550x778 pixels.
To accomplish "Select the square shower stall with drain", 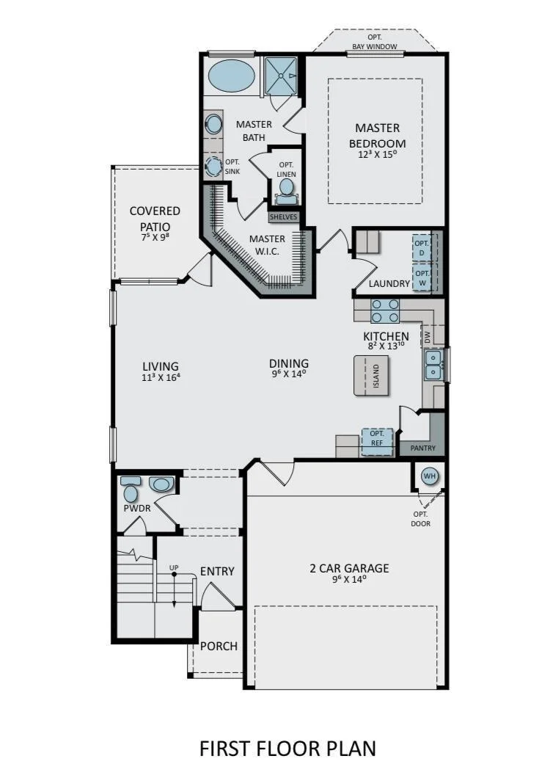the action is coord(281,76).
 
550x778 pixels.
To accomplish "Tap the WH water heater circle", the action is coord(430,476).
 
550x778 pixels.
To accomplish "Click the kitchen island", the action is coord(372,375).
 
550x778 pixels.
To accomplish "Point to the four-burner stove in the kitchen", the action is coord(385,310).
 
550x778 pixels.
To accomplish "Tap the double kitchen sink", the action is coord(434,364).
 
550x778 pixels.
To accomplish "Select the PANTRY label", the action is coord(423,448).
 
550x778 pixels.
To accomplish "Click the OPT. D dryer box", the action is coord(422,247).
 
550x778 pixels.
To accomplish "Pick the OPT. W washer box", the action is coord(422,277).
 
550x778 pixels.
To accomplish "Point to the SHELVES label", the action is coord(284,217).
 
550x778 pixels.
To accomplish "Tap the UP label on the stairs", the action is coord(174,567).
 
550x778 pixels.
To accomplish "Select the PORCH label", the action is coord(219,646).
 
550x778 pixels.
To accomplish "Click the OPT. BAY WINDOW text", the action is coord(375,42).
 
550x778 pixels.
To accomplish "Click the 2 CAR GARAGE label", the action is coord(350,568).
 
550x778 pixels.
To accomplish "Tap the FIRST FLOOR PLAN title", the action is coord(287,748).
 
